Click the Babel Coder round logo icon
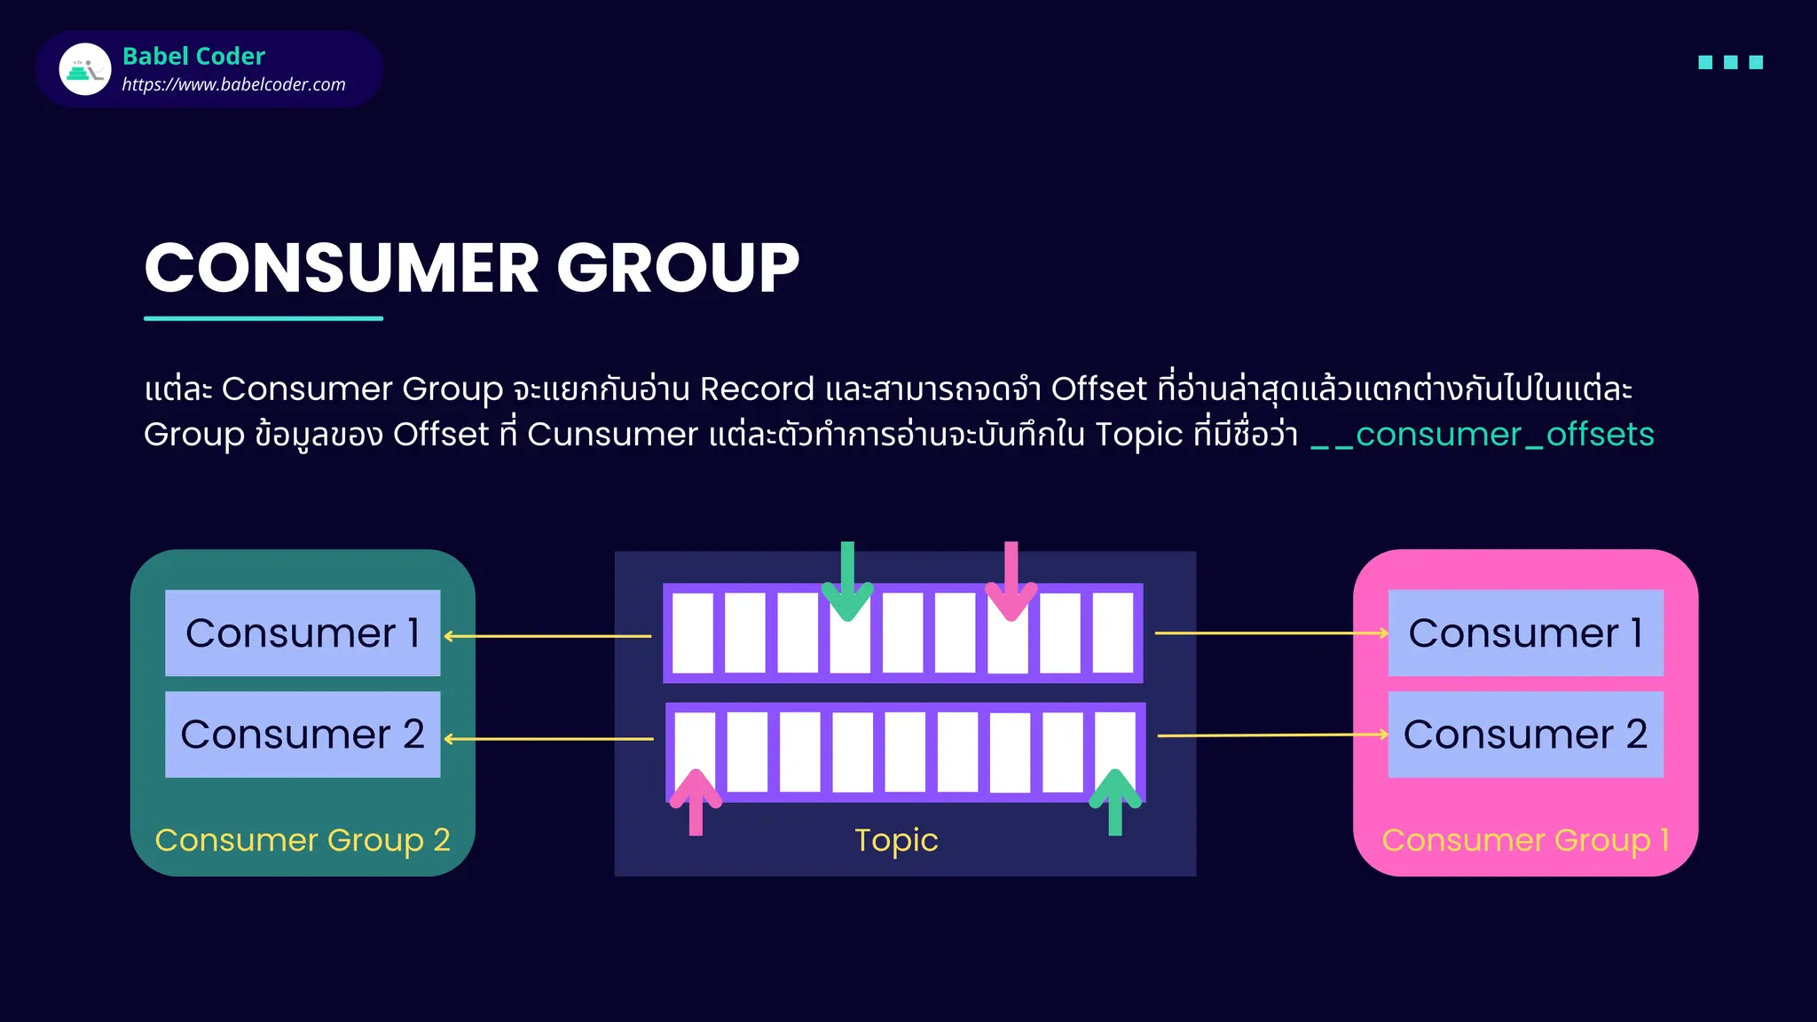pos(85,69)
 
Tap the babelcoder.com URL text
pos(233,84)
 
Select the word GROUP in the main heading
pos(678,268)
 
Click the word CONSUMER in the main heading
pos(342,268)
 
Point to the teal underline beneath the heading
pos(264,318)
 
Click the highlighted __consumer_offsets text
pos(1482,435)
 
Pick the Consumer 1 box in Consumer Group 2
pos(303,633)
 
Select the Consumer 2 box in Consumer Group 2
pos(303,735)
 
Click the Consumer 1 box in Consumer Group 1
pos(1525,633)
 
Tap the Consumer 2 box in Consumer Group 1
pos(1525,735)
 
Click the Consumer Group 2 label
pos(303,839)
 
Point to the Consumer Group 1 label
pos(1525,839)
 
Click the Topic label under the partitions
pos(896,839)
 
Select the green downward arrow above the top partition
pos(847,581)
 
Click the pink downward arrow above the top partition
pos(1011,581)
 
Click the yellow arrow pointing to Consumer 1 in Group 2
pos(547,636)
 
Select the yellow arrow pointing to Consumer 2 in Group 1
pos(1272,735)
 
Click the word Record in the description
pos(756,389)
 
